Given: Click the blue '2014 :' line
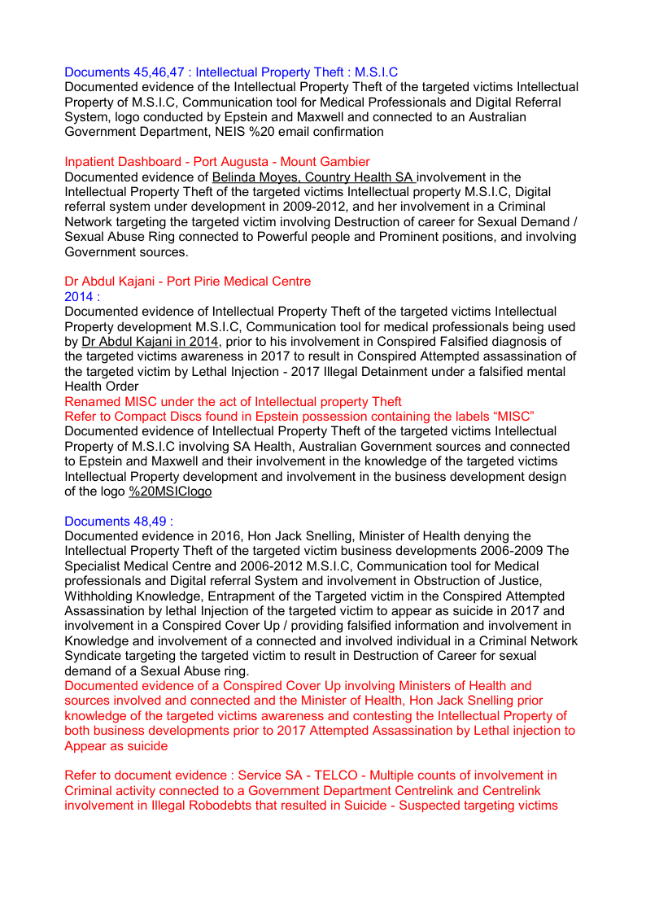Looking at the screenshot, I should coord(82,296).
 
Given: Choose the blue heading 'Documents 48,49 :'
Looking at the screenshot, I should coord(119,522).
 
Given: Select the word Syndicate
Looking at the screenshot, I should coord(93,656).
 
